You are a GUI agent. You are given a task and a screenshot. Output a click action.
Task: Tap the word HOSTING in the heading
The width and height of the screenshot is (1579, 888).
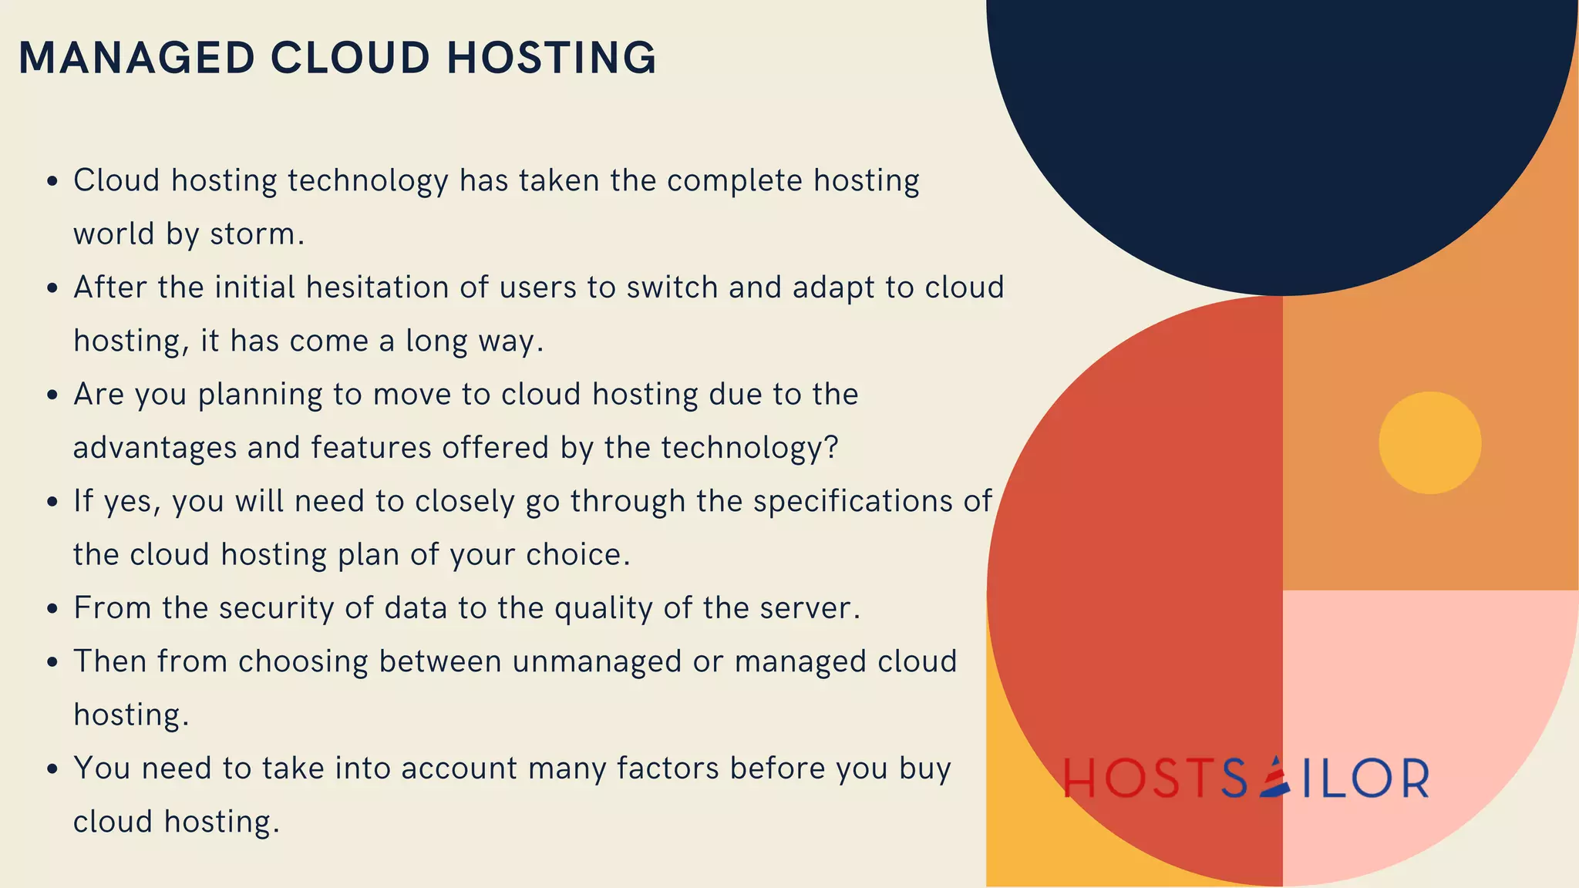pyautogui.click(x=552, y=58)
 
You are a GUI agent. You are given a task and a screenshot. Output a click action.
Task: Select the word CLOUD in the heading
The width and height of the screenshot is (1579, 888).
pyautogui.click(x=350, y=58)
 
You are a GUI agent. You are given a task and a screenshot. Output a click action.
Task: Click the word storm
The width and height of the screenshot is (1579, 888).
pyautogui.click(x=258, y=234)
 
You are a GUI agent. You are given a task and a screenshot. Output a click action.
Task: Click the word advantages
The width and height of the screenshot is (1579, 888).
pyautogui.click(x=154, y=448)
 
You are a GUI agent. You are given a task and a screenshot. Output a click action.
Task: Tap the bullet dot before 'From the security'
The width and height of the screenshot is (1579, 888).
pyautogui.click(x=52, y=609)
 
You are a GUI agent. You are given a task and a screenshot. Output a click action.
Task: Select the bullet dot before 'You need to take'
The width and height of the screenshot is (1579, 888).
pyautogui.click(x=52, y=769)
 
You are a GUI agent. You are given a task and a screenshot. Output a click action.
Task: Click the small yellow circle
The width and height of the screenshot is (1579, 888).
pyautogui.click(x=1429, y=442)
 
